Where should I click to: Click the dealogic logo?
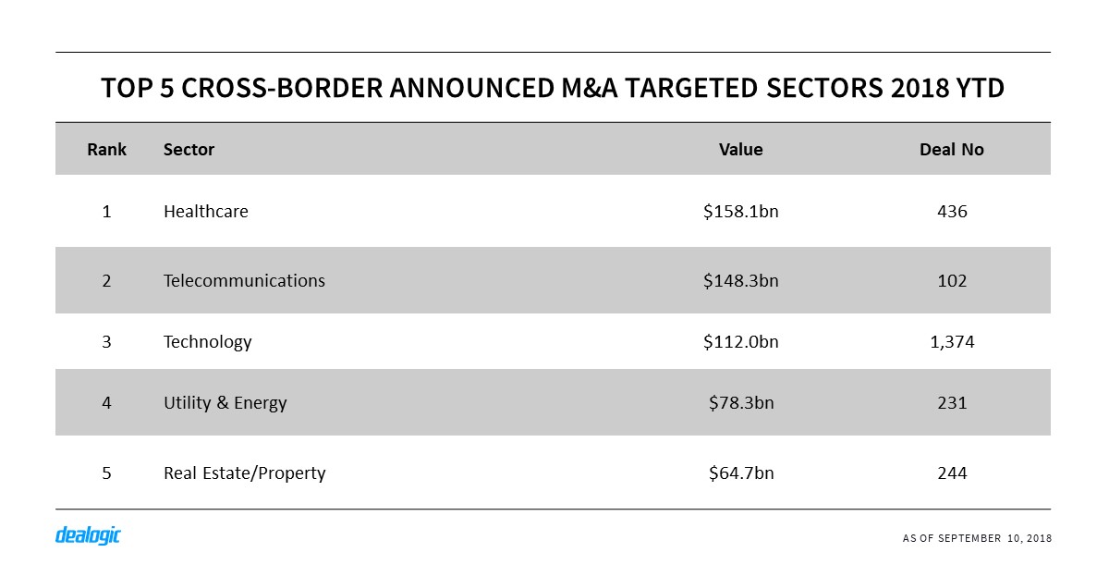tap(88, 535)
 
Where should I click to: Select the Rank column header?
tap(106, 150)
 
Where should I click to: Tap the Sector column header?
tap(189, 150)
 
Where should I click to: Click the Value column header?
tap(740, 150)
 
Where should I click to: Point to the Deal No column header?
tap(951, 150)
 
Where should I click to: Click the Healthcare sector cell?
tap(205, 212)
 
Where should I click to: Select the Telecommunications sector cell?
tap(244, 280)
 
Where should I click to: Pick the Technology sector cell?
tap(207, 342)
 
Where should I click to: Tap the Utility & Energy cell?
tap(225, 403)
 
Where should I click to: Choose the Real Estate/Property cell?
tap(244, 473)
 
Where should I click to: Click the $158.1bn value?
tap(740, 212)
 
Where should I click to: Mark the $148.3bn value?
tap(740, 280)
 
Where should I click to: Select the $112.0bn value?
tap(740, 342)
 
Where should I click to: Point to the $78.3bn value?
tap(740, 403)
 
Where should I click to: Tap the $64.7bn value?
tap(740, 473)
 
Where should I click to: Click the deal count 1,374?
tap(951, 342)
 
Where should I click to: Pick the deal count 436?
tap(951, 212)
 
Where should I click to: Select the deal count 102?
tap(951, 280)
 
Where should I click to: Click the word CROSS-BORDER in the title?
tap(276, 89)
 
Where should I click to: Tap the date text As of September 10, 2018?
tap(977, 538)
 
